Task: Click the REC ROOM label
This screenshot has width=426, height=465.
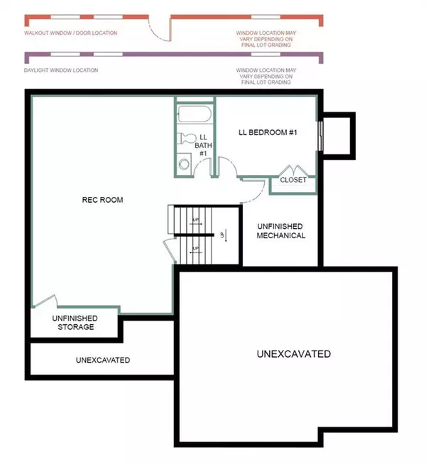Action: (x=102, y=200)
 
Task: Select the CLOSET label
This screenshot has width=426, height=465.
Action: (x=293, y=180)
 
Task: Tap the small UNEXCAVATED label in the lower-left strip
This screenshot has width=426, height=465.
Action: (x=103, y=360)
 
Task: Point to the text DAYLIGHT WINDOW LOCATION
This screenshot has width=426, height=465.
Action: (x=61, y=70)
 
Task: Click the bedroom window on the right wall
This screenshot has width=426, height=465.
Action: (x=321, y=136)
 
